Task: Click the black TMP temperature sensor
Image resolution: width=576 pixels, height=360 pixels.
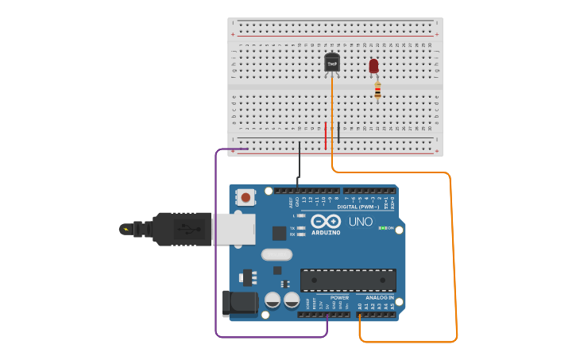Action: click(x=332, y=63)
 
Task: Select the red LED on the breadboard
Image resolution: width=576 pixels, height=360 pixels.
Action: click(x=373, y=66)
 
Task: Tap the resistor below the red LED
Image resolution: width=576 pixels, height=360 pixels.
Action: click(x=377, y=91)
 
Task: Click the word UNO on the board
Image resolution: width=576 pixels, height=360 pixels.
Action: click(x=361, y=222)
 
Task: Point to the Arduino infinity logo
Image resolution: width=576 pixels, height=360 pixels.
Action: click(x=326, y=222)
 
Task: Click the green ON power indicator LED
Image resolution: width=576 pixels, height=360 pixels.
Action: click(x=383, y=228)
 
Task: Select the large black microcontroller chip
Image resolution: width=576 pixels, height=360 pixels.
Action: click(x=348, y=280)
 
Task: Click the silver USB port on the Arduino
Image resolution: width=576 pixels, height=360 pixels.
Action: click(x=234, y=229)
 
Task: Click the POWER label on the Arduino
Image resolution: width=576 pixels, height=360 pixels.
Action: click(x=339, y=298)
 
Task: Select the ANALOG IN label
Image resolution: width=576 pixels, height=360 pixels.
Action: click(x=380, y=298)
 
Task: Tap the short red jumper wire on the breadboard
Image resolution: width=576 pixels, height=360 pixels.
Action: click(x=325, y=135)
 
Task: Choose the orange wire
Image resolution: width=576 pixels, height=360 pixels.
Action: click(x=454, y=254)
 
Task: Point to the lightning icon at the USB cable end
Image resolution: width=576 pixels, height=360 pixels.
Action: click(x=125, y=230)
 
